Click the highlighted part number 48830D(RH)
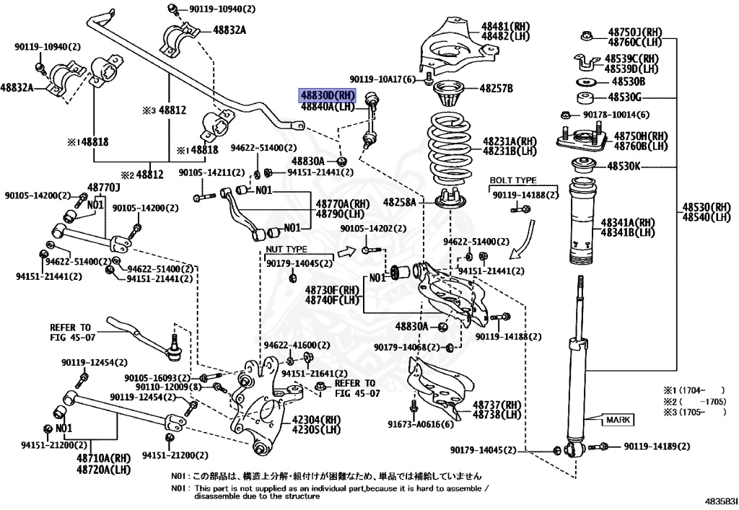pyautogui.click(x=328, y=95)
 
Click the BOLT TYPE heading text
pyautogui.click(x=512, y=180)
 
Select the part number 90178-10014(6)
pyautogui.click(x=613, y=115)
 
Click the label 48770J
pyautogui.click(x=102, y=188)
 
